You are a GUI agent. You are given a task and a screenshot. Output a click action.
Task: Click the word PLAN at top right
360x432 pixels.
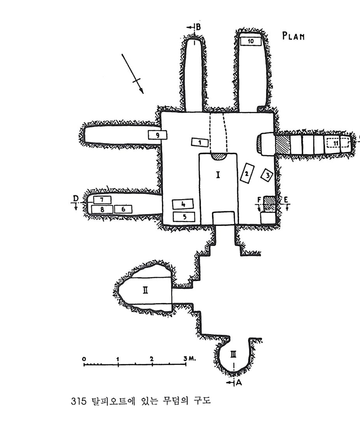point(293,36)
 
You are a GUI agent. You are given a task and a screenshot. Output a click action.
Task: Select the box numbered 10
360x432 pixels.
point(250,41)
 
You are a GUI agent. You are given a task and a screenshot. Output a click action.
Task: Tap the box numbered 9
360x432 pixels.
point(158,135)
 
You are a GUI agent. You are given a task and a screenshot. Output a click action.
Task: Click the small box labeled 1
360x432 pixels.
point(200,142)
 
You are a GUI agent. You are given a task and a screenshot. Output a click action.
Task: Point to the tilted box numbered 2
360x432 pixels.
point(247,173)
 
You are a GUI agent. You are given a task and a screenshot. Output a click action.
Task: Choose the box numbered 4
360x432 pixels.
point(183,204)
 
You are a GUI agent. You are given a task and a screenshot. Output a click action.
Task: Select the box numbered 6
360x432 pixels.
point(123,209)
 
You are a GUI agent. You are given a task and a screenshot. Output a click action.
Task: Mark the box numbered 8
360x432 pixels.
point(102,209)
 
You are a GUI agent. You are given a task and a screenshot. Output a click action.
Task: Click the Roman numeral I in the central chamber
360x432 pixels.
point(218,175)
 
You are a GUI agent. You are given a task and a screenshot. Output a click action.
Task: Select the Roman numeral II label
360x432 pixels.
point(145,290)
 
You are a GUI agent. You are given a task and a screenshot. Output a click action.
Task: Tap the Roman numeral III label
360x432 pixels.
point(233,354)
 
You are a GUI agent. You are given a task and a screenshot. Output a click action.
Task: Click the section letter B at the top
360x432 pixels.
point(198,27)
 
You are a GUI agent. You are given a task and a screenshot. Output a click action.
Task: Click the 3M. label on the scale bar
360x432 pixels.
point(189,358)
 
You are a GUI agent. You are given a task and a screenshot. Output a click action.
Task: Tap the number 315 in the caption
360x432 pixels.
point(78,401)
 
